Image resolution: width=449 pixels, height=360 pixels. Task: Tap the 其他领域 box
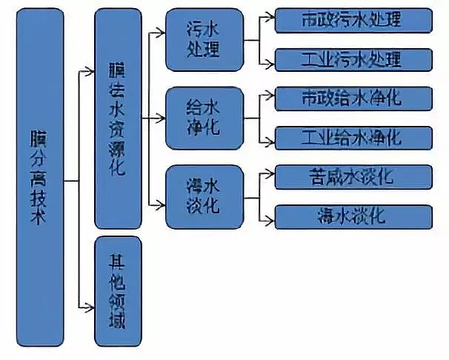click(x=118, y=292)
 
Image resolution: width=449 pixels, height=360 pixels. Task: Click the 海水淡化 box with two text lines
click(x=203, y=196)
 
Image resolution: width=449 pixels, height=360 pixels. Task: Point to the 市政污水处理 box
click(x=352, y=20)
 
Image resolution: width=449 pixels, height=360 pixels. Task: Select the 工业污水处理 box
click(x=352, y=59)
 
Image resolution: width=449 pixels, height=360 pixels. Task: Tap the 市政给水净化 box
click(x=352, y=97)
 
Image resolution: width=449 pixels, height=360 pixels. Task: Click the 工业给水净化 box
click(x=352, y=137)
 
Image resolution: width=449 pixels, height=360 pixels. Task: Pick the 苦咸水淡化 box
click(x=352, y=176)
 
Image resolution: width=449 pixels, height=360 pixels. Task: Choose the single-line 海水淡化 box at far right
click(x=352, y=216)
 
